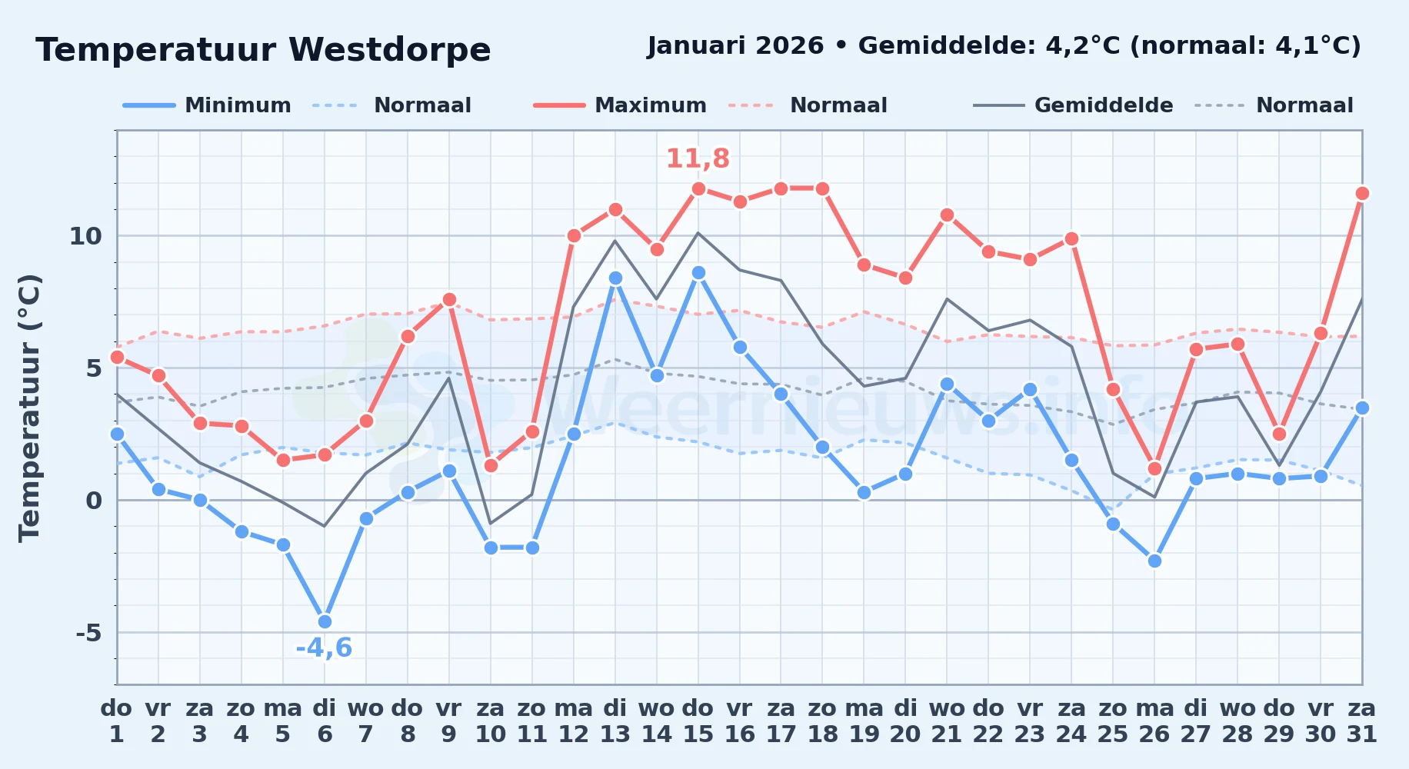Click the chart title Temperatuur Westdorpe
pos(263,50)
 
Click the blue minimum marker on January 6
pos(325,621)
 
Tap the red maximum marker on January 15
pos(698,188)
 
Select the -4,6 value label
pos(324,648)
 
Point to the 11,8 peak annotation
pos(698,158)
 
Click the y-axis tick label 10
pos(85,236)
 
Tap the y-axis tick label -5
pos(88,633)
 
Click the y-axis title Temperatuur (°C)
pos(29,408)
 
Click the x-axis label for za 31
pos(1362,721)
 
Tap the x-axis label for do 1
pos(117,721)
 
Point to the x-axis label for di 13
pos(615,721)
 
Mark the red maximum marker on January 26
pos(1154,468)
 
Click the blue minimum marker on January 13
pos(615,278)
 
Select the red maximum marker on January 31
pos(1362,193)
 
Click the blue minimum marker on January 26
pos(1154,561)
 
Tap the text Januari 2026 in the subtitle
pos(735,46)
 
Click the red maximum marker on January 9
pos(449,299)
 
